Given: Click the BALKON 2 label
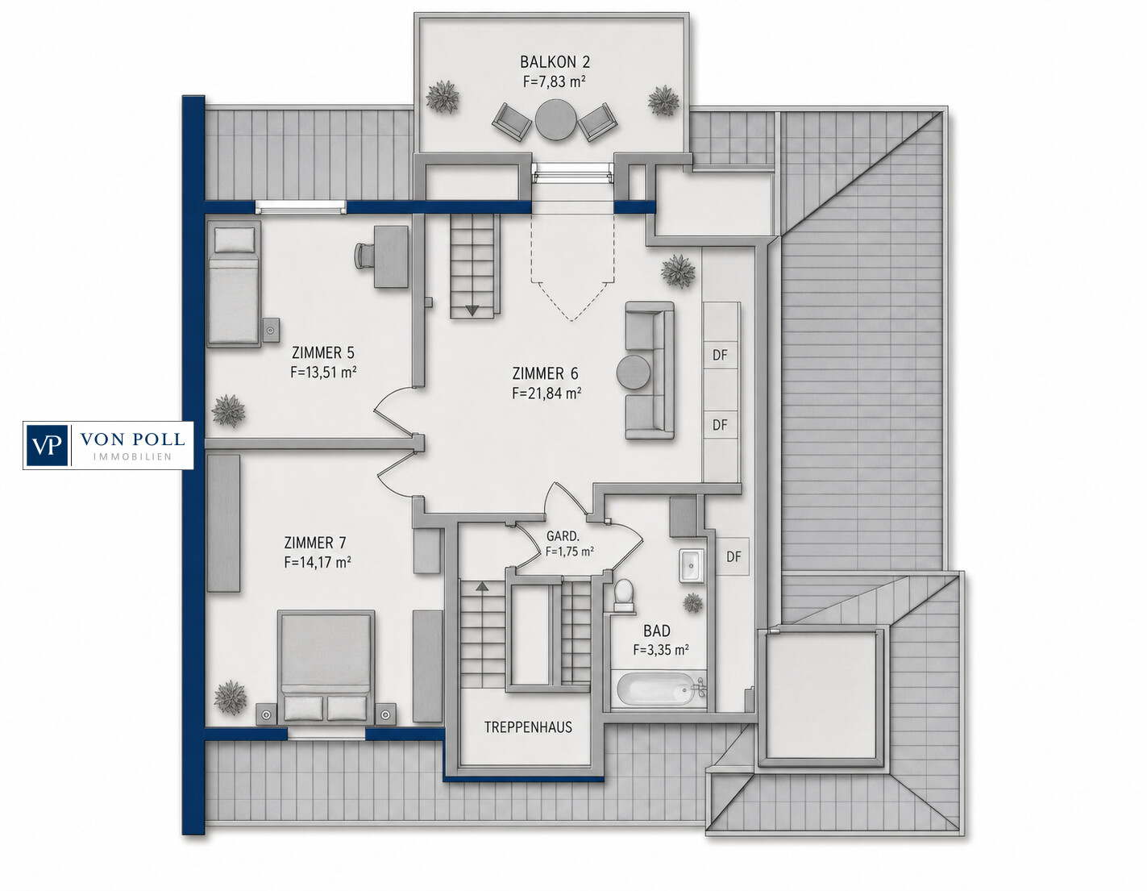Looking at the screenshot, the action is click(x=555, y=62).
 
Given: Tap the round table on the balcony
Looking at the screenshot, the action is click(x=555, y=120).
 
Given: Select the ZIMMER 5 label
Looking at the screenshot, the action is click(x=323, y=352).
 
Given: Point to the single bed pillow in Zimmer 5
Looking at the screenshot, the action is click(x=235, y=239).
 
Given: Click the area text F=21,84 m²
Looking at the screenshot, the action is click(x=546, y=393).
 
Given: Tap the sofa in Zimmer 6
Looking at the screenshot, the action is click(x=650, y=371).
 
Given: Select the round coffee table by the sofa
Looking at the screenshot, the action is click(x=633, y=373).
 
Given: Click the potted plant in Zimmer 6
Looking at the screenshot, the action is click(x=678, y=271).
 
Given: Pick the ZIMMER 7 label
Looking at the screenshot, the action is click(x=315, y=543).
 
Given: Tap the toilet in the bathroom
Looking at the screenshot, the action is click(x=623, y=594).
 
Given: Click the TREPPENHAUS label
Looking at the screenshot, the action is click(x=529, y=727).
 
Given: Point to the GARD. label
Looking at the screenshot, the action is click(x=563, y=536).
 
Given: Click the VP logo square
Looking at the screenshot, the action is click(x=47, y=445).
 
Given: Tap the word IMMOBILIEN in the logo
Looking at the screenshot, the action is click(x=132, y=457).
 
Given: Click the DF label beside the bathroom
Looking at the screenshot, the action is click(x=733, y=556).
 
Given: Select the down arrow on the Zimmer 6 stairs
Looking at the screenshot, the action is click(x=472, y=311).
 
